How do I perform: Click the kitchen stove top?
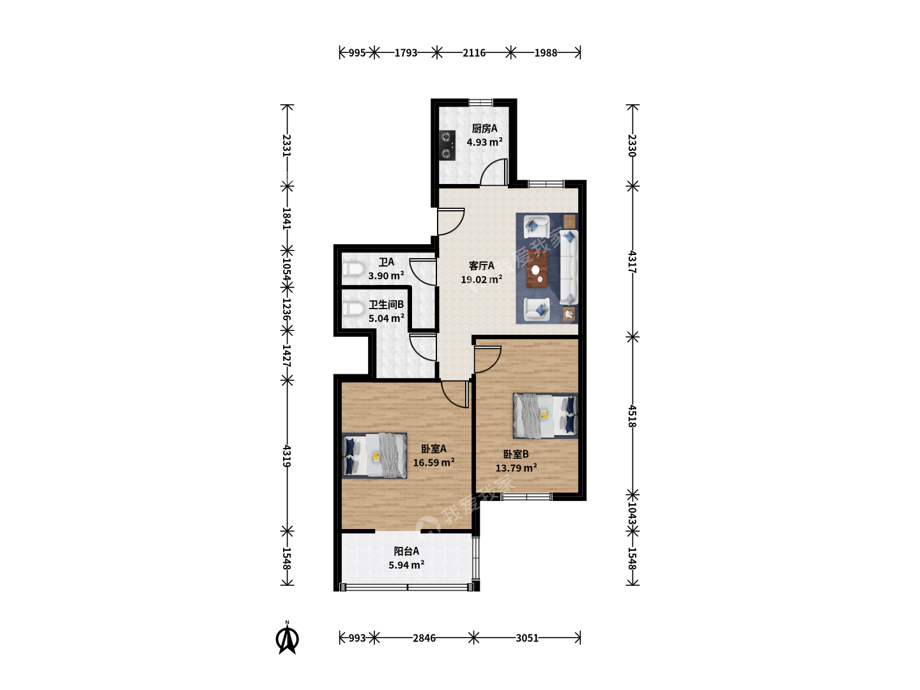(x=447, y=146)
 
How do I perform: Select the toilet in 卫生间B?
(x=353, y=310)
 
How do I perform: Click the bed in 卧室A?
(x=374, y=456)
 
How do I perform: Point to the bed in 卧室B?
(x=546, y=415)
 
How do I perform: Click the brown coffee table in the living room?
(x=537, y=269)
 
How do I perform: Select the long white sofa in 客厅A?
(x=569, y=267)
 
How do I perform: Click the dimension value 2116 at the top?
(x=473, y=53)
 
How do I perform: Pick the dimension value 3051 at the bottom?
(x=527, y=638)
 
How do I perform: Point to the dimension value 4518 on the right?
(x=632, y=416)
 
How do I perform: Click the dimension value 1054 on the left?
(x=287, y=269)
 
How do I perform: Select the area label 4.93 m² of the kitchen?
(x=484, y=142)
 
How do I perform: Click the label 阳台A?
(x=406, y=551)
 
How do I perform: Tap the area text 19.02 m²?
(x=482, y=279)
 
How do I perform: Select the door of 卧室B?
(x=488, y=360)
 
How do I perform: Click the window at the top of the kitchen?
(x=480, y=102)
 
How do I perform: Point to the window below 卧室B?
(x=527, y=496)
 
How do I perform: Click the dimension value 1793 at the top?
(x=406, y=53)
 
